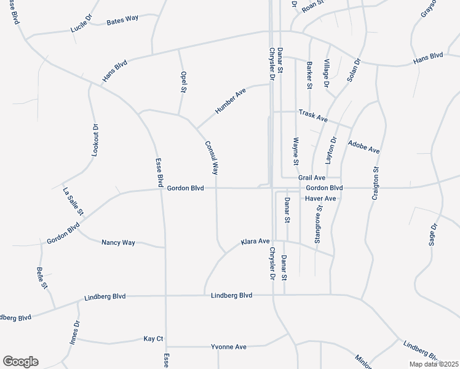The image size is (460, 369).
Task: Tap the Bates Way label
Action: tap(122, 20)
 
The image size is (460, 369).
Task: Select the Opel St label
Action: tap(183, 82)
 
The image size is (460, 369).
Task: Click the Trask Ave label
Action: tap(313, 114)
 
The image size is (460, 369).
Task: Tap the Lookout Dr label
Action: tap(95, 140)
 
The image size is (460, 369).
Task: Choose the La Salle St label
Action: tap(73, 202)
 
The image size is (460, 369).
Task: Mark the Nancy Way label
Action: tap(118, 242)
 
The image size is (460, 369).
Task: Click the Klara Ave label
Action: tap(255, 241)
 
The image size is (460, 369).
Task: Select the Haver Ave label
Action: tap(320, 199)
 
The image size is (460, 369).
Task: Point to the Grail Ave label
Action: tap(311, 177)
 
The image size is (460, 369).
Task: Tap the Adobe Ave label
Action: tap(364, 147)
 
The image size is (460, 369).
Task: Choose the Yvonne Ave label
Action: tap(228, 347)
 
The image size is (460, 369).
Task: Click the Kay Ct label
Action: tap(153, 339)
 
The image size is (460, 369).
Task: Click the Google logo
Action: tap(20, 362)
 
